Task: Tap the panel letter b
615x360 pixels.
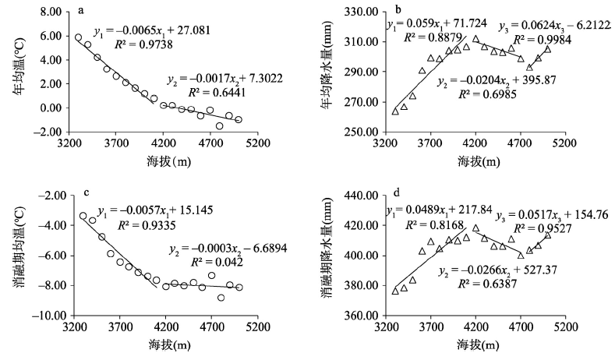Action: [398, 11]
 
